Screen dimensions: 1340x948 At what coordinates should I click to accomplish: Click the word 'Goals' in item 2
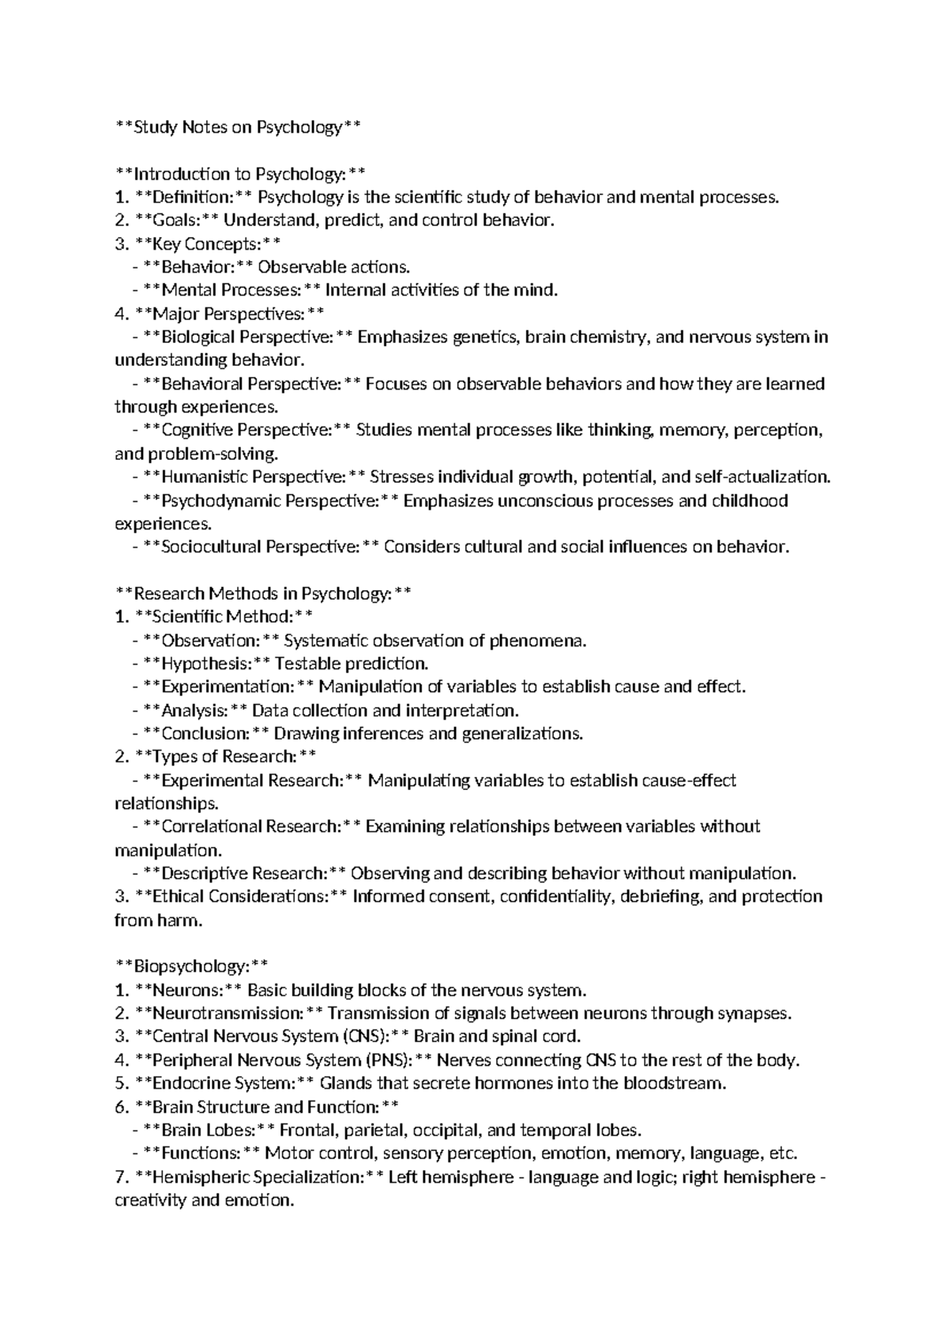[x=176, y=220]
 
